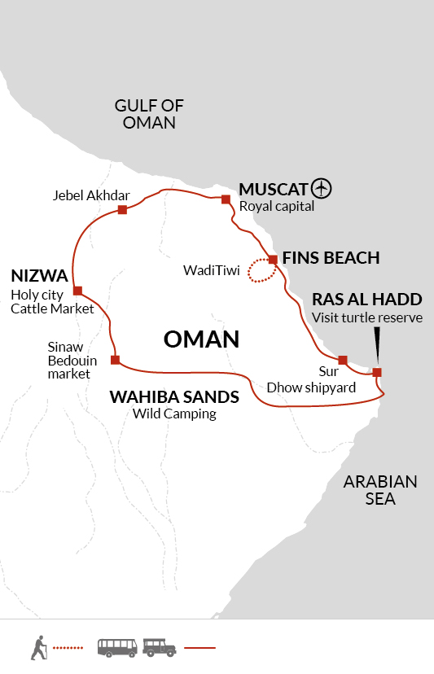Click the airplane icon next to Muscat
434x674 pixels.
(x=322, y=188)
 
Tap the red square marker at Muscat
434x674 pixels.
(x=226, y=199)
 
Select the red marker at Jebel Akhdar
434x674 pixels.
(x=123, y=209)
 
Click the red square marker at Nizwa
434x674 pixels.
(x=77, y=291)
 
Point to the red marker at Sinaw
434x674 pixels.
(x=116, y=360)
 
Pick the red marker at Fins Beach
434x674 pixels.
(x=273, y=260)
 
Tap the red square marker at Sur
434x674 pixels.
(x=342, y=360)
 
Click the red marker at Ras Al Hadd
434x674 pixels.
(x=377, y=372)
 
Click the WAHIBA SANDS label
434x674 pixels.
(x=174, y=396)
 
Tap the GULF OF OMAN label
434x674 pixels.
(x=149, y=114)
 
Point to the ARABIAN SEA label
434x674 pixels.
(x=380, y=490)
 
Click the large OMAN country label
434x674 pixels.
(x=201, y=339)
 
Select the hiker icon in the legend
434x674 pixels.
(x=38, y=647)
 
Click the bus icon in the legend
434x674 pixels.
(x=117, y=648)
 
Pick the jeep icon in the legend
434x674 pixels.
(x=159, y=648)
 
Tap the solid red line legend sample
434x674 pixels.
(x=199, y=647)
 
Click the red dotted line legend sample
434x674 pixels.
(x=68, y=647)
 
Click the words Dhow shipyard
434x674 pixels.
(x=311, y=387)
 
